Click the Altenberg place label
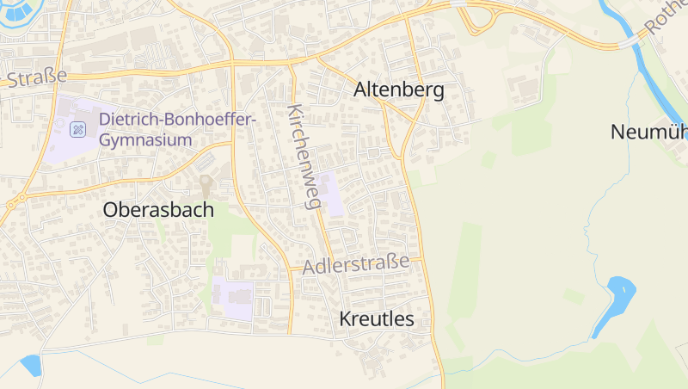pyautogui.click(x=399, y=90)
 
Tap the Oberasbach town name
pyautogui.click(x=158, y=209)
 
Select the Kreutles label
pyautogui.click(x=377, y=319)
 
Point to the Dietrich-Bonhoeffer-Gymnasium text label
pyautogui.click(x=177, y=129)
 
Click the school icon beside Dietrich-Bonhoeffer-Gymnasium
pyautogui.click(x=77, y=130)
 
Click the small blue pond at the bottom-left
pyautogui.click(x=31, y=365)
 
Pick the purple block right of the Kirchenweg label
pyautogui.click(x=331, y=193)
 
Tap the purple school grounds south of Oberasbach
pyautogui.click(x=234, y=298)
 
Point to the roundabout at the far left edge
pyautogui.click(x=13, y=203)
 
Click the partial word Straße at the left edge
pyautogui.click(x=34, y=78)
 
